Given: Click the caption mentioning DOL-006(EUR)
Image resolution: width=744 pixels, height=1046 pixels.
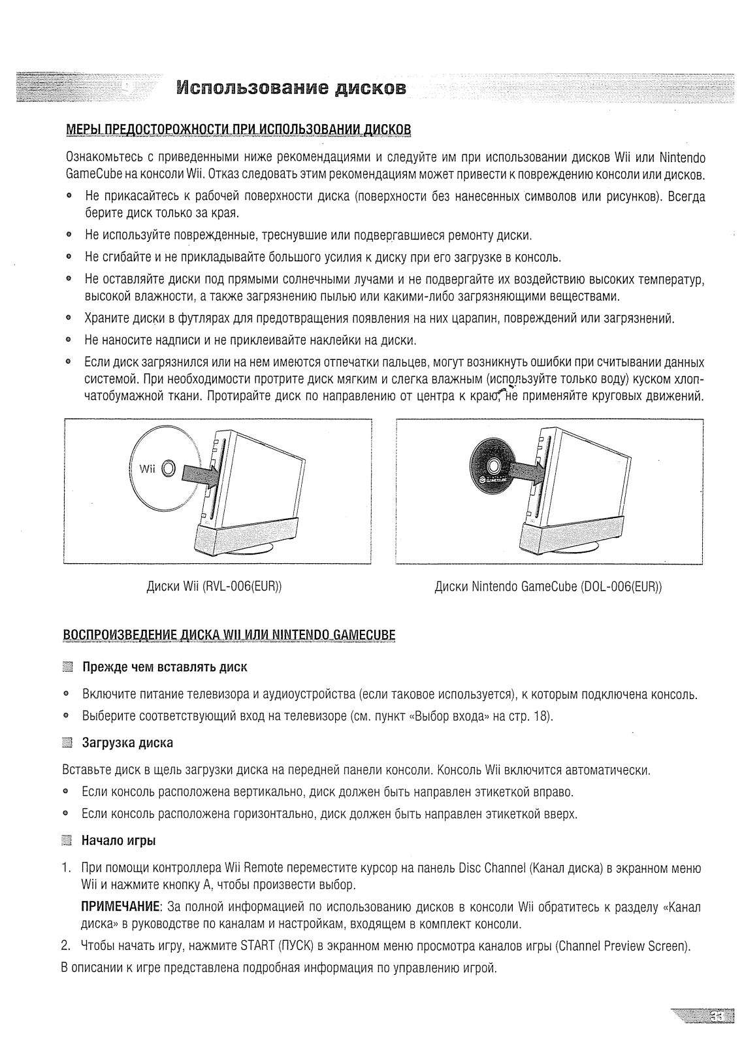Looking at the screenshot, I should click(548, 586).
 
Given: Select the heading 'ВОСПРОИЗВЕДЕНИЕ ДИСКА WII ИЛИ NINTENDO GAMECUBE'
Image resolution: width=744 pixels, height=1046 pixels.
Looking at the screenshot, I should click(229, 634).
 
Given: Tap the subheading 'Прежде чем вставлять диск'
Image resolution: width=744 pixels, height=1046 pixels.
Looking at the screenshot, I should click(165, 667).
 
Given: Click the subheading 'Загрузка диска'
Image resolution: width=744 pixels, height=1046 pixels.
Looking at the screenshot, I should click(127, 744).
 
